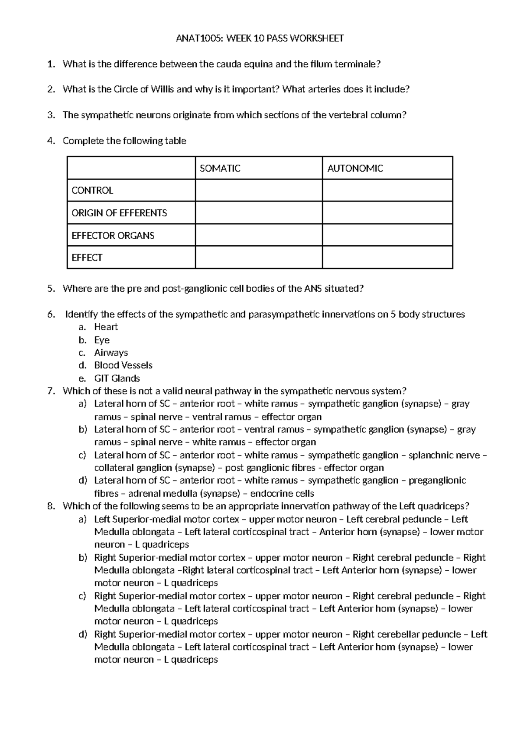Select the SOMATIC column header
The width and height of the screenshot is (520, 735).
pyautogui.click(x=220, y=169)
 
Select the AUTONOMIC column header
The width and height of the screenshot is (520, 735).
pyautogui.click(x=355, y=169)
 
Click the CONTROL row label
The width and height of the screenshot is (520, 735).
pyautogui.click(x=92, y=191)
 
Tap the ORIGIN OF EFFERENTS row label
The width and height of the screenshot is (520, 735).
pyautogui.click(x=119, y=213)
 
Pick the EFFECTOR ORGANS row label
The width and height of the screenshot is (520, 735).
pyautogui.click(x=113, y=236)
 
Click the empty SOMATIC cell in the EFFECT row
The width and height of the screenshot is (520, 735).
pyautogui.click(x=259, y=258)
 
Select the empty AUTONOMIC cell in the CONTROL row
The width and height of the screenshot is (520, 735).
pyautogui.click(x=387, y=191)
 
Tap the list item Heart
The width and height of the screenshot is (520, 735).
pyautogui.click(x=106, y=327)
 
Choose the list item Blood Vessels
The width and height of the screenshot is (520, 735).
pyautogui.click(x=123, y=365)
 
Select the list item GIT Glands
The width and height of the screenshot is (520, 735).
pyautogui.click(x=117, y=378)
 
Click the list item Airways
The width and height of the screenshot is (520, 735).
pyautogui.click(x=111, y=353)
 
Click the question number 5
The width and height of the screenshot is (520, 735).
pyautogui.click(x=51, y=289)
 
